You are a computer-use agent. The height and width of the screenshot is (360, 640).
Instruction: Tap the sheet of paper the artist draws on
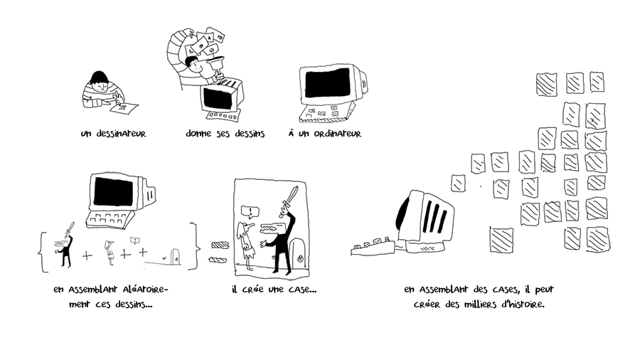(x=124, y=108)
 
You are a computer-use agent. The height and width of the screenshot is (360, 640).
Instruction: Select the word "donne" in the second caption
(x=198, y=133)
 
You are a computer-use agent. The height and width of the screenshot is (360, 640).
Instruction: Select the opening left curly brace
(x=43, y=247)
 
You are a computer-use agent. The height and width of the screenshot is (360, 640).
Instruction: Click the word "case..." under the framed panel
(x=300, y=290)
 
